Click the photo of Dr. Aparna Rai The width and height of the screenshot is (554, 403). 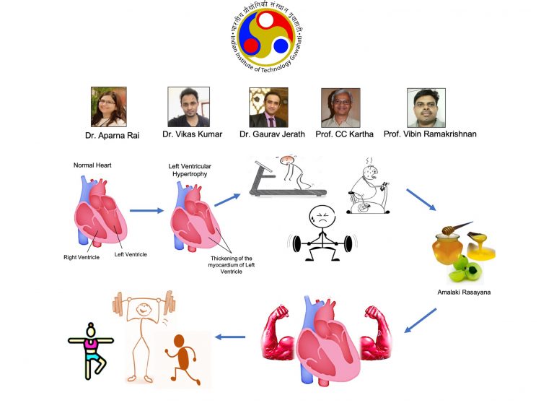click(x=109, y=107)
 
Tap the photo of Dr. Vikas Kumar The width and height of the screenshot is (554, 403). click(x=188, y=107)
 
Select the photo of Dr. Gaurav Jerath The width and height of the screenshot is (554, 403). click(x=268, y=107)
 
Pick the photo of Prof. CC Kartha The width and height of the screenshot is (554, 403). click(x=340, y=107)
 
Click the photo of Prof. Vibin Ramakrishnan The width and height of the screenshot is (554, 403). click(x=426, y=107)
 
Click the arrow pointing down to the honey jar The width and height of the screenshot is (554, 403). click(x=421, y=200)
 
